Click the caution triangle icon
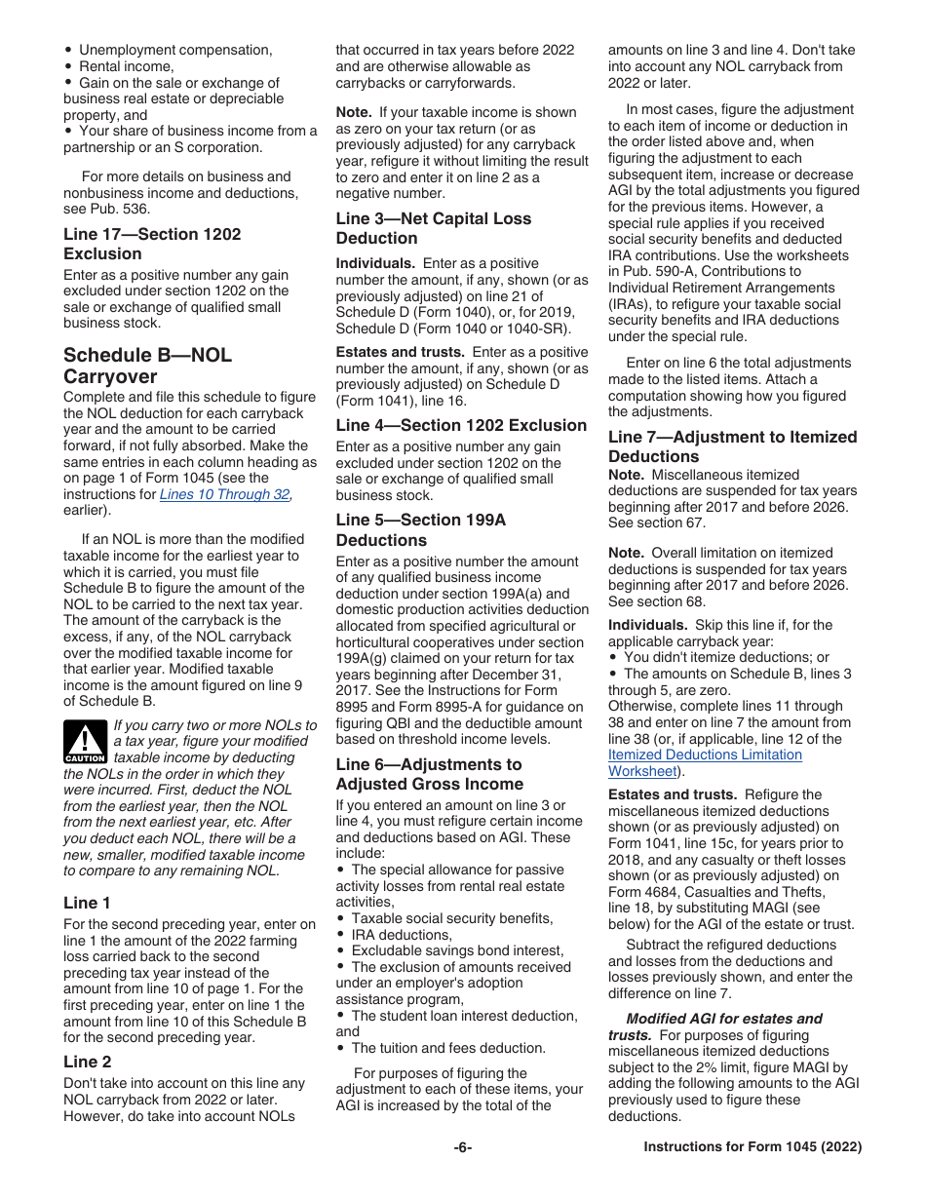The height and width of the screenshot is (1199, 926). click(x=85, y=742)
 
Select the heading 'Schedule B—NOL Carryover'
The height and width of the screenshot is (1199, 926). click(x=147, y=366)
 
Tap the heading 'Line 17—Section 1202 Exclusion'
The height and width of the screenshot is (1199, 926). click(x=151, y=244)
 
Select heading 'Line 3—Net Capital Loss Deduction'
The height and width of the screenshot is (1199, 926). click(x=433, y=228)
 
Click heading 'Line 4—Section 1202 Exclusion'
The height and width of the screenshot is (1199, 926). click(x=461, y=425)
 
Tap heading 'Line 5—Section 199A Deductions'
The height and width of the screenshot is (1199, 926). click(x=420, y=529)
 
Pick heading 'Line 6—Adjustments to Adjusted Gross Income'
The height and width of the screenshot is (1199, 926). click(x=429, y=774)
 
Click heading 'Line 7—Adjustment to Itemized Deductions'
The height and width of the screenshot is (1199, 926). click(x=732, y=446)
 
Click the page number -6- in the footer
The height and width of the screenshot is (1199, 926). click(x=462, y=1147)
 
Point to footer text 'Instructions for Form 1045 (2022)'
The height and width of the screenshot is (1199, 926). click(x=752, y=1147)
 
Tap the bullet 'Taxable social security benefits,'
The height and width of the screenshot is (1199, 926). click(x=451, y=918)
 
